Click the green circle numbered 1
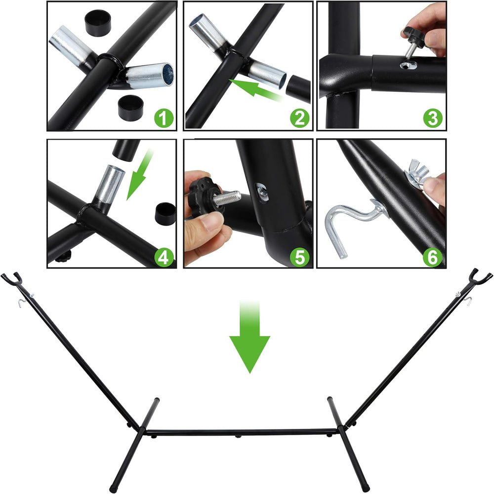164,118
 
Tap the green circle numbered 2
300,118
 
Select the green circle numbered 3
433,118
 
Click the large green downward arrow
249,337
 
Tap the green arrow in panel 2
255,89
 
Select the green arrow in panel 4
139,175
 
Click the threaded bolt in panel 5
227,197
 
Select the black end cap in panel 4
165,214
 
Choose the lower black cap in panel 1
130,108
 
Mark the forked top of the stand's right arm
481,275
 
